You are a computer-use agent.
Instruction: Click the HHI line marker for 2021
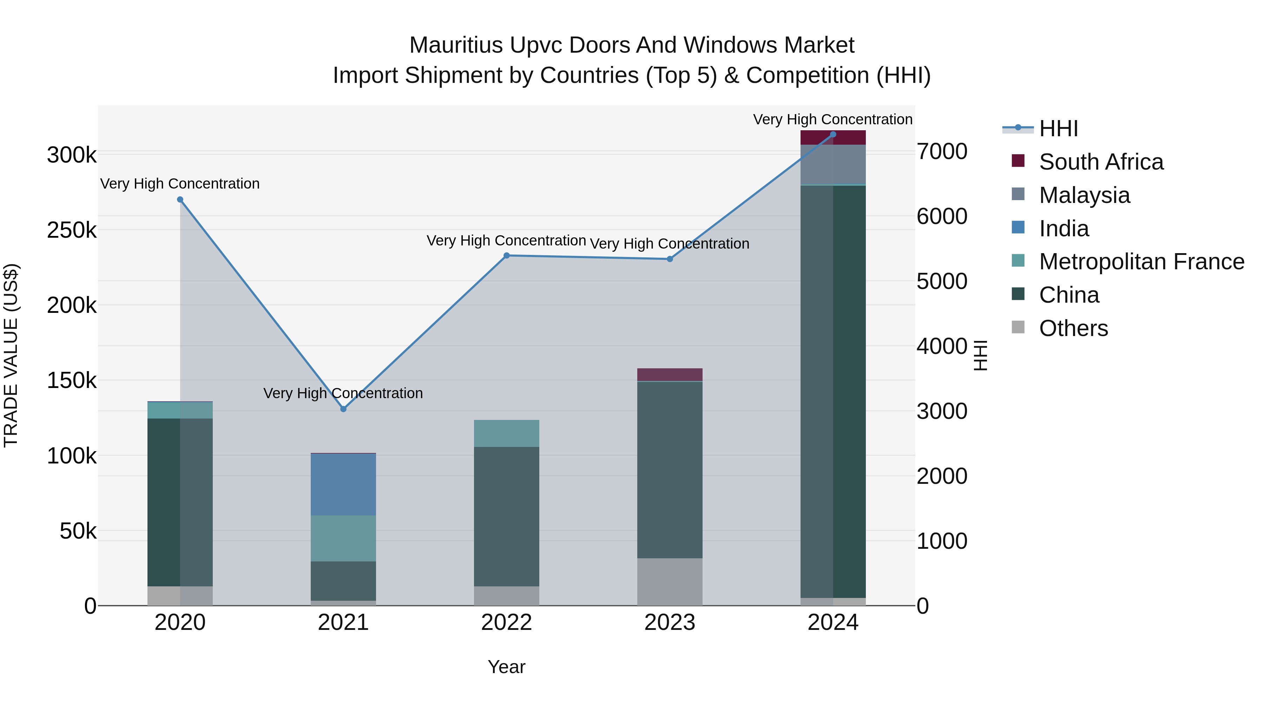pos(343,409)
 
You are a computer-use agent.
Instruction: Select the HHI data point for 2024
pos(833,134)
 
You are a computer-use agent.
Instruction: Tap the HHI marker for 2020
pos(180,200)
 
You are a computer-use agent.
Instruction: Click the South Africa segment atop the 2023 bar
pos(670,374)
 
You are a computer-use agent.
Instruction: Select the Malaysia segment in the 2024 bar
pos(833,164)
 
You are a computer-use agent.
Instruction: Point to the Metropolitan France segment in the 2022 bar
pos(506,433)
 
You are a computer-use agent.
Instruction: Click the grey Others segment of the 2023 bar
pos(670,581)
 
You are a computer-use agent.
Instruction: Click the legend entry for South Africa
pos(1101,162)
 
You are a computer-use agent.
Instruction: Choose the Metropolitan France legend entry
pos(1141,262)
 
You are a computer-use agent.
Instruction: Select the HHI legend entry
pos(1058,129)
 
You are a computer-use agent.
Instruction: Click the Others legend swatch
pos(1018,327)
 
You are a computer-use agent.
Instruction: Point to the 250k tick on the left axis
pos(72,230)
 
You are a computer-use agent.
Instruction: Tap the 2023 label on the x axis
pos(670,623)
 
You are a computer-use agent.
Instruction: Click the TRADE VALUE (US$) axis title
pos(11,355)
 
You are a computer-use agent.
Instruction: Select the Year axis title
pos(506,667)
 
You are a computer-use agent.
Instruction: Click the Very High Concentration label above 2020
pos(180,184)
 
